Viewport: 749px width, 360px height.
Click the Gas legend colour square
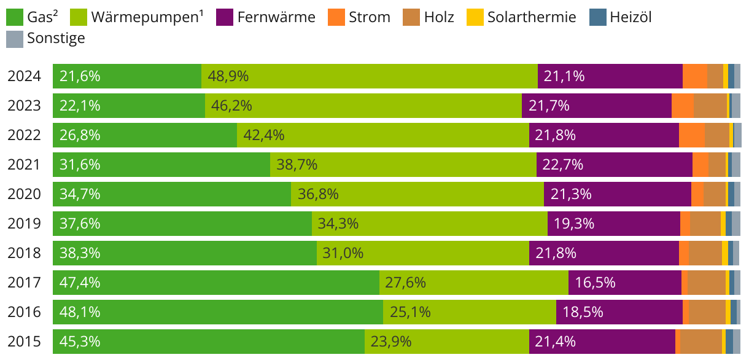[x=15, y=17]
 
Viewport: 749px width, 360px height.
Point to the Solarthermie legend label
[x=532, y=17]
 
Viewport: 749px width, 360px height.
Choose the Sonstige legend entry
[x=56, y=39]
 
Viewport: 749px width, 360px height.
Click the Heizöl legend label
[x=631, y=17]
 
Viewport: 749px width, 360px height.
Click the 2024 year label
[x=24, y=76]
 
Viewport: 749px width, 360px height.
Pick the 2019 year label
[x=24, y=224]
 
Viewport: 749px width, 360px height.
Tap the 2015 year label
[x=24, y=342]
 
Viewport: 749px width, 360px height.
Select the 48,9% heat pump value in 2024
[x=228, y=76]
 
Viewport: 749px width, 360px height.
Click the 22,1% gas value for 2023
[x=80, y=106]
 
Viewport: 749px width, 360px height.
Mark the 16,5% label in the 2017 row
[x=595, y=283]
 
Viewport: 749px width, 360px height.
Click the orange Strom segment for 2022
[x=691, y=135]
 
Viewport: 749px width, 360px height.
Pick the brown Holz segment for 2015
[x=701, y=342]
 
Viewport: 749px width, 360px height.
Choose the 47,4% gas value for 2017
[x=80, y=283]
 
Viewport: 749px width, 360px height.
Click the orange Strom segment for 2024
[x=694, y=76]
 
